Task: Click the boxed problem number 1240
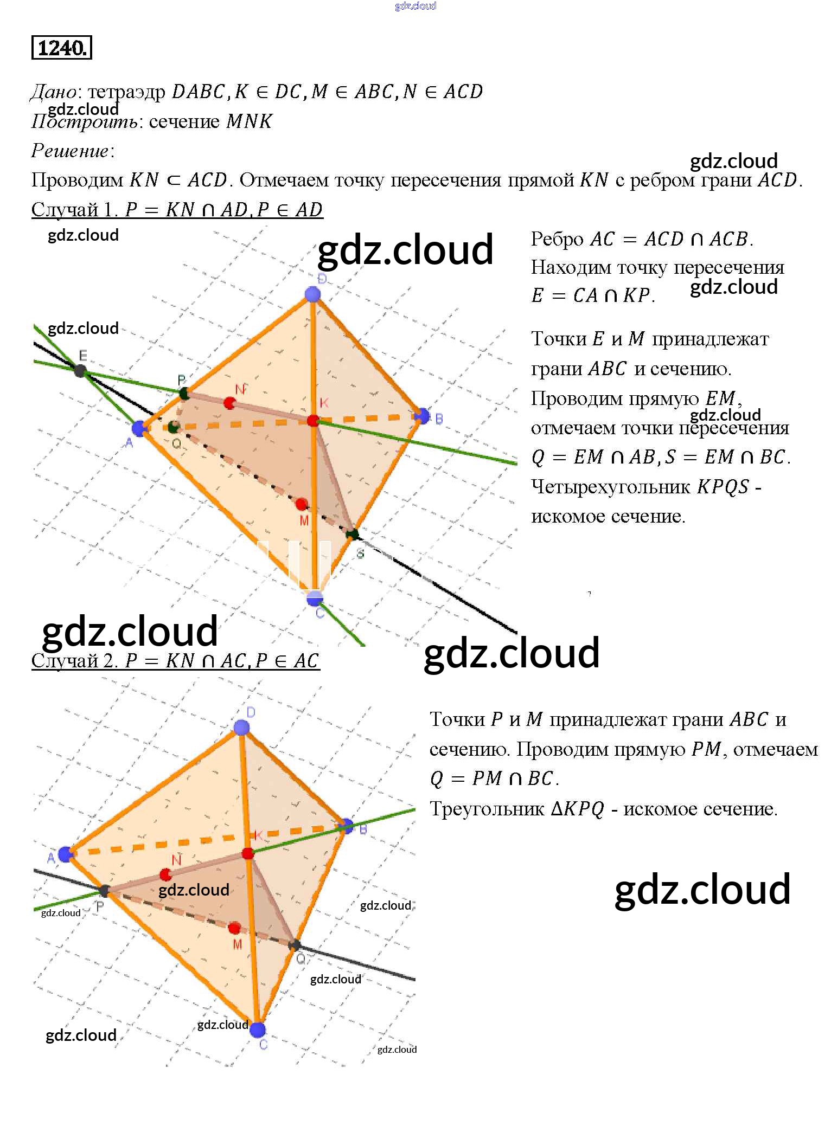(x=62, y=48)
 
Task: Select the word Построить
(x=84, y=121)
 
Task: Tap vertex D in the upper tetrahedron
(x=312, y=294)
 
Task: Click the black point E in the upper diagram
(x=80, y=371)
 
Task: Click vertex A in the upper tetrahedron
(x=140, y=428)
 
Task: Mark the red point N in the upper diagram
(x=229, y=403)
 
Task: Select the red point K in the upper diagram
(x=313, y=421)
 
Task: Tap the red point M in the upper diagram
(x=301, y=505)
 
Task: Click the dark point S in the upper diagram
(x=353, y=535)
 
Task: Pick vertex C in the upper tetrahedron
(x=315, y=599)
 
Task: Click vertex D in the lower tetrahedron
(x=241, y=728)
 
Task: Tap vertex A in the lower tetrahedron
(x=66, y=854)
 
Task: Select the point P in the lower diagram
(x=104, y=890)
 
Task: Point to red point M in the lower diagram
(x=234, y=928)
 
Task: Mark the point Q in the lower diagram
(x=295, y=945)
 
